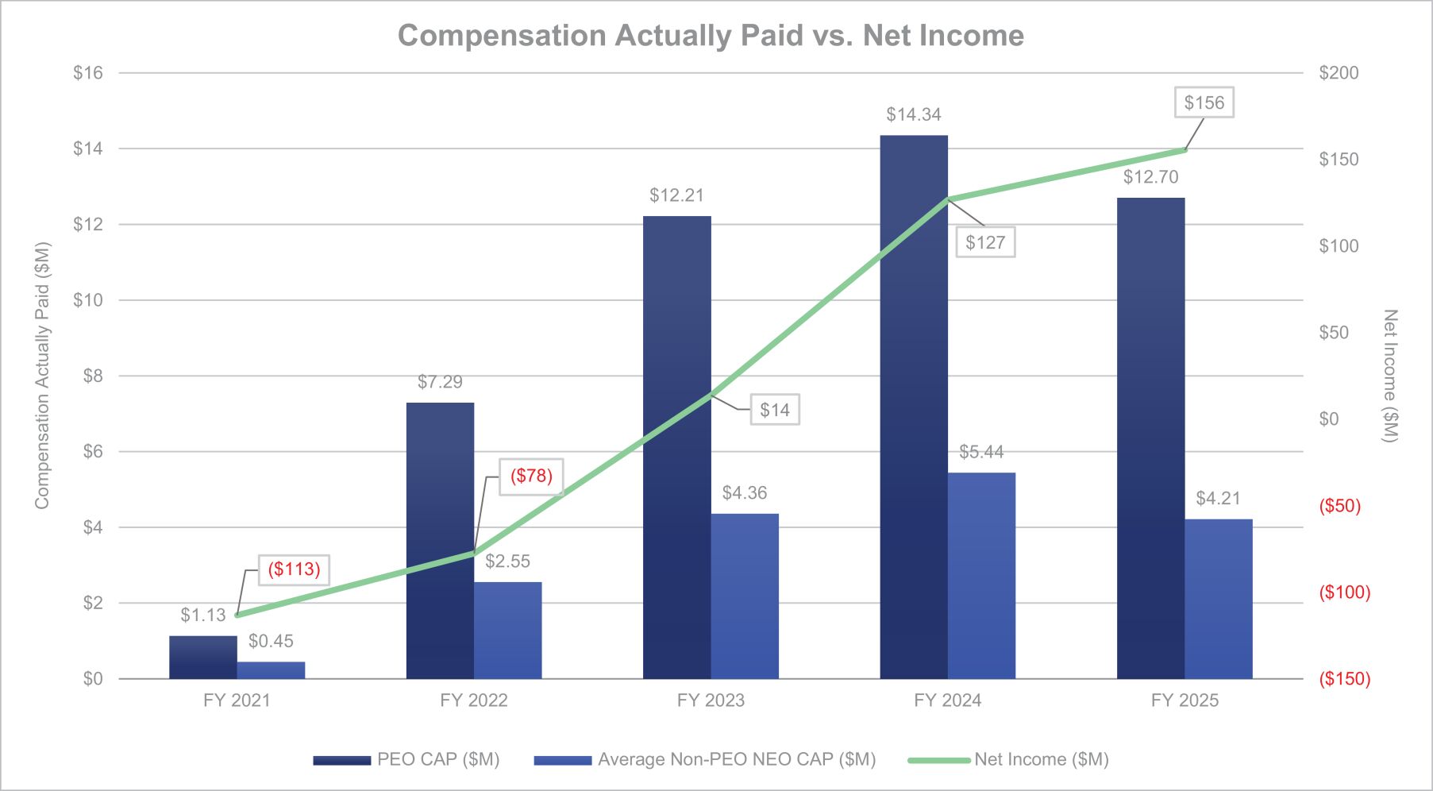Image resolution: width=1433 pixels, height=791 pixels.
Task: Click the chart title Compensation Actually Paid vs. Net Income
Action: [x=711, y=36]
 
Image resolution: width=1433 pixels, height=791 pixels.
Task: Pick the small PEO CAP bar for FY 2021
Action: [x=203, y=657]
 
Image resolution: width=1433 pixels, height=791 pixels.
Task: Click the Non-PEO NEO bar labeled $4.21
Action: [x=1218, y=599]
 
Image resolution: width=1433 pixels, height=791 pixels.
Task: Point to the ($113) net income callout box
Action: [x=294, y=569]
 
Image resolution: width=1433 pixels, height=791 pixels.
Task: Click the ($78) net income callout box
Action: [x=531, y=477]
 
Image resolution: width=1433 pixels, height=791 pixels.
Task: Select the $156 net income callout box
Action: [x=1204, y=102]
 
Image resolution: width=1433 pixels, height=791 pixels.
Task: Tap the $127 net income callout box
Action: [x=985, y=243]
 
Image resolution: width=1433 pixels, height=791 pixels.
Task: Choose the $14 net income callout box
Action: [x=775, y=410]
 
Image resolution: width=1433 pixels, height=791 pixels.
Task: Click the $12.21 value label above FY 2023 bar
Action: [x=676, y=195]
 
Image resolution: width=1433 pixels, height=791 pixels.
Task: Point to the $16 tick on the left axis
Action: [x=88, y=73]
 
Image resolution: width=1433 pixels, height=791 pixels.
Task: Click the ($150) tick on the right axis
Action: [x=1344, y=679]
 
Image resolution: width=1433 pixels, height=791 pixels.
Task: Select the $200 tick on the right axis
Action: [x=1339, y=73]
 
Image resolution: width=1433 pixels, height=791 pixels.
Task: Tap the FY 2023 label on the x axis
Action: [x=711, y=700]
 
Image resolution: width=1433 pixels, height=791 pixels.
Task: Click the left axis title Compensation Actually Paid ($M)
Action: [x=42, y=376]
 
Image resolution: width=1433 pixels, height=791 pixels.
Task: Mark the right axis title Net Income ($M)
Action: [x=1389, y=376]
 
